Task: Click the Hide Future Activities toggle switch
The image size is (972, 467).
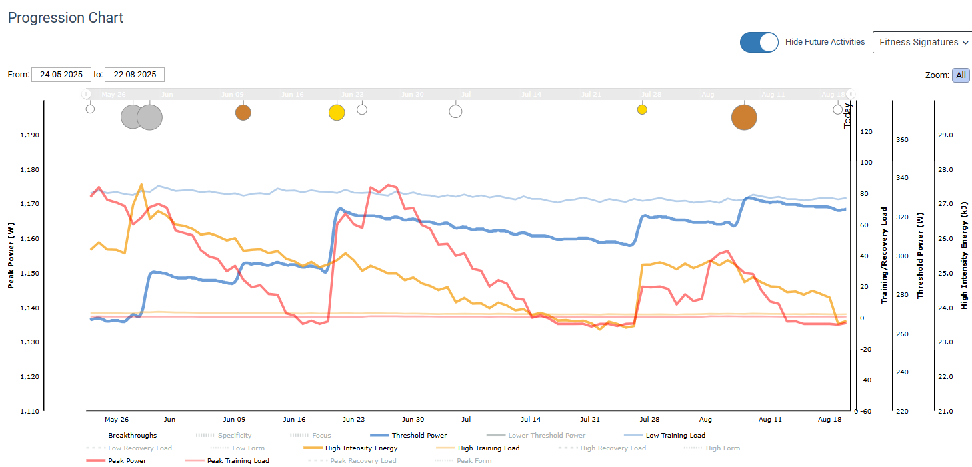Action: (759, 42)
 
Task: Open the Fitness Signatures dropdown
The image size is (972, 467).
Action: (921, 42)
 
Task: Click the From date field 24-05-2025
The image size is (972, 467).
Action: (61, 75)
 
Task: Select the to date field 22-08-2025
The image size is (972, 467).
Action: (135, 75)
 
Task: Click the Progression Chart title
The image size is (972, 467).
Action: (65, 18)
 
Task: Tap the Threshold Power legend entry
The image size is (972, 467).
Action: (419, 436)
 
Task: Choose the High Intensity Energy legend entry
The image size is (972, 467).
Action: (361, 448)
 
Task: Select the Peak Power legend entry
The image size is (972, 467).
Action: (127, 461)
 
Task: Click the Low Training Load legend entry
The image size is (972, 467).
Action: (675, 436)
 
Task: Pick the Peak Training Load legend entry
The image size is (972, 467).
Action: (238, 461)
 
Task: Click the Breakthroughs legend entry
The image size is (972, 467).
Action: (132, 436)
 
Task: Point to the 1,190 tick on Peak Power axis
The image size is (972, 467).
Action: (30, 135)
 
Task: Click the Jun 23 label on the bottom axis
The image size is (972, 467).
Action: (353, 420)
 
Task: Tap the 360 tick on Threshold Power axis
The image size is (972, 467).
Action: (902, 140)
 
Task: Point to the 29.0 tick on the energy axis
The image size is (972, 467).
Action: (945, 135)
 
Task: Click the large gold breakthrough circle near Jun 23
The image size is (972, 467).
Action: (337, 113)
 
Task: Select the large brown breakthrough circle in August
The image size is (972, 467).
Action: (744, 117)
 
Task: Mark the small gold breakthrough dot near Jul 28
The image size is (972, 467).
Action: (642, 109)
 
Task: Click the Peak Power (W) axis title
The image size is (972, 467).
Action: (11, 256)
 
